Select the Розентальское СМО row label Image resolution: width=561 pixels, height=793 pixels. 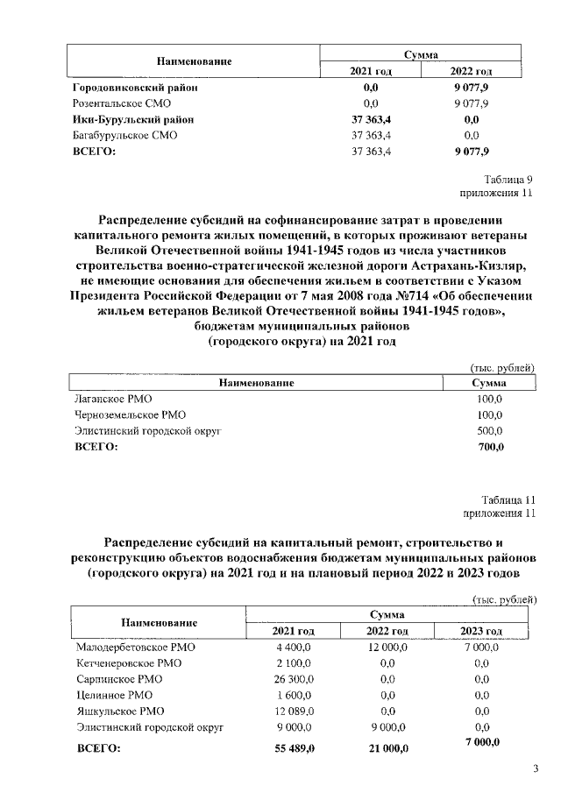coord(121,104)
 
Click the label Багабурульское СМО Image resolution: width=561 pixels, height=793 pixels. coord(124,136)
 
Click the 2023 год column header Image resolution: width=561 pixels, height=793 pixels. coord(481,632)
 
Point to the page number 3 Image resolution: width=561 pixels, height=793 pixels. coord(536,769)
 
